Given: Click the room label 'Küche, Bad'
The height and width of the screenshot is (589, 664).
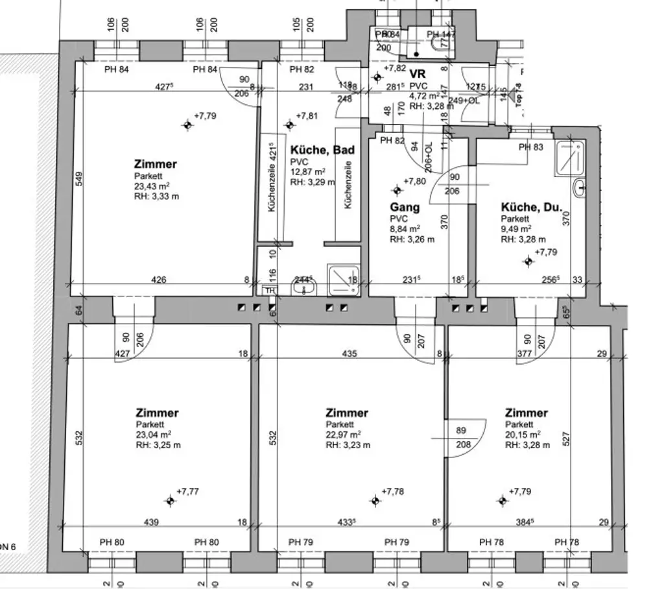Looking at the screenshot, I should pos(322,150).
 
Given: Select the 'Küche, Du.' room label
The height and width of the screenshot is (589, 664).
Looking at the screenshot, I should pos(531,208).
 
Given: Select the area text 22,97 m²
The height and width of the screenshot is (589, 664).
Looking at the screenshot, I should pos(343,435).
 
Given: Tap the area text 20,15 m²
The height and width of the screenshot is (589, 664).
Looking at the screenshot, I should pos(523,435).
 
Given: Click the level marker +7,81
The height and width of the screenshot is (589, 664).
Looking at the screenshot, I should pos(307,116).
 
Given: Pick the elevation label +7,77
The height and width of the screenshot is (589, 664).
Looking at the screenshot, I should pos(187,492).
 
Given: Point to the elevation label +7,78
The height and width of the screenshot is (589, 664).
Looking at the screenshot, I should pos(392,492).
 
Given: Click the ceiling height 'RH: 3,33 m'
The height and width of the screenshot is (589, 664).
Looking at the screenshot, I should pos(156,196).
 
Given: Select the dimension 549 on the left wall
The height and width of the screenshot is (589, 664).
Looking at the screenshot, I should pos(77,178).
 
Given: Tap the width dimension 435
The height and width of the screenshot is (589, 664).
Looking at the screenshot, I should pos(350,354).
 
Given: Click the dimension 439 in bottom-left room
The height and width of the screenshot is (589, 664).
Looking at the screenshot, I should pos(150,522).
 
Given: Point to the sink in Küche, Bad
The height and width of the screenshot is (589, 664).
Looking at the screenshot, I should pos(307,287).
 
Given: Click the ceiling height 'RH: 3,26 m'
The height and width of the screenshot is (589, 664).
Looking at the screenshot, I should pos(412,238).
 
